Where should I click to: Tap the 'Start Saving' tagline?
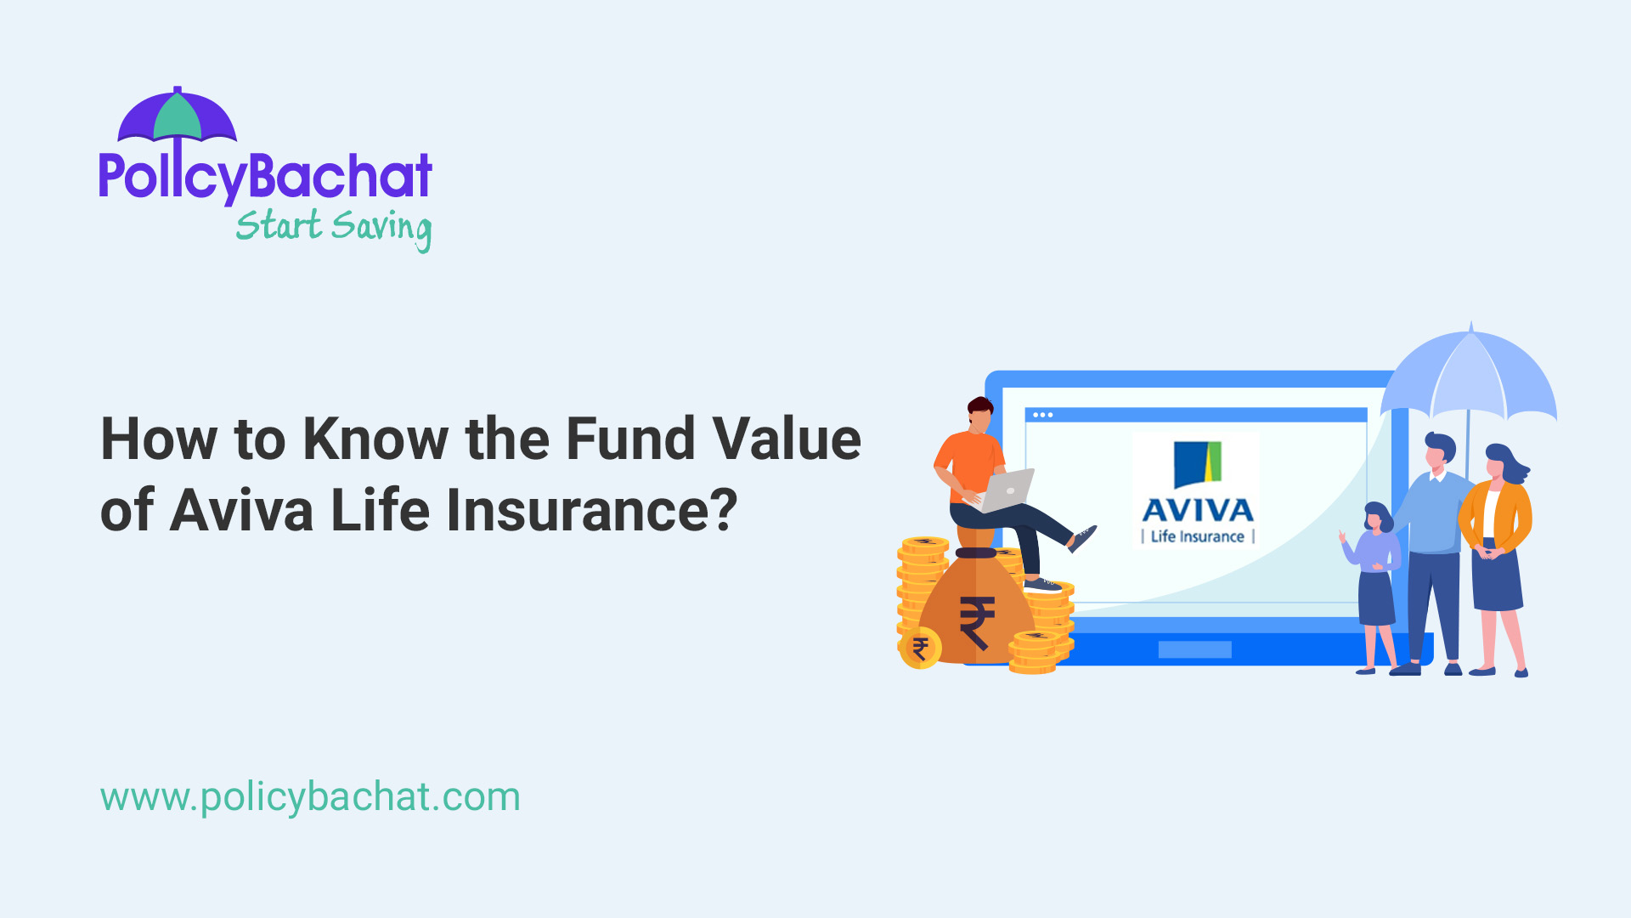[x=333, y=227]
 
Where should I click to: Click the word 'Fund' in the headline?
[x=631, y=439]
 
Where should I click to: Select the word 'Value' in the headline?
[x=787, y=439]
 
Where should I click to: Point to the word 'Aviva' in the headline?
[x=241, y=511]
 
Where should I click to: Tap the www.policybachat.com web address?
[x=310, y=797]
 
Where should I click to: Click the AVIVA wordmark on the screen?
[x=1198, y=510]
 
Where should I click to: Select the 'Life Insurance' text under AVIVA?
[x=1198, y=536]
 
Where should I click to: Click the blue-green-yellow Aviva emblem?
[x=1198, y=464]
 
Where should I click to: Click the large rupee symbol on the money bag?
[x=977, y=623]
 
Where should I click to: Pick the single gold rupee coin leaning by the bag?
[x=920, y=649]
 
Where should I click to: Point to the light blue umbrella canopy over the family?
[x=1470, y=374]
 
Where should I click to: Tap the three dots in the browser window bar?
[x=1043, y=415]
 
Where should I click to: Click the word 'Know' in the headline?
[x=375, y=439]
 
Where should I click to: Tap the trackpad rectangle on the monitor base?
[x=1194, y=649]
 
